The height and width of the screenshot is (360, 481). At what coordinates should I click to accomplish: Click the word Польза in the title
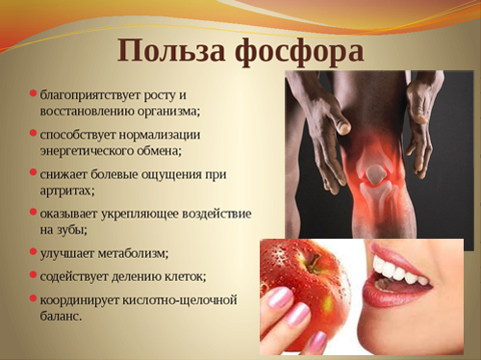pos(165,49)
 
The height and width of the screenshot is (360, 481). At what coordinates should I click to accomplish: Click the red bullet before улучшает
pos(33,251)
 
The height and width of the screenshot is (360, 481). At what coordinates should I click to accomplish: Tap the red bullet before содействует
pos(33,273)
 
